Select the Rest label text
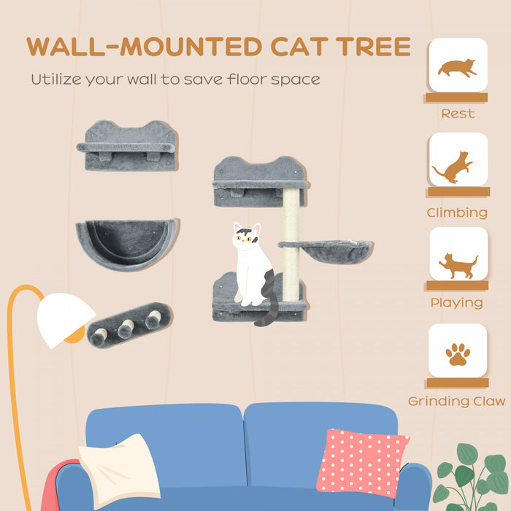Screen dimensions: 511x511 (458, 114)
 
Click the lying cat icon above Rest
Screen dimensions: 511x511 (457, 67)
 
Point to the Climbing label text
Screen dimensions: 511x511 (458, 213)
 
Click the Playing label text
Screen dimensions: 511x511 (456, 303)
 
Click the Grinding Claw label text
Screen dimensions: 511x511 (457, 401)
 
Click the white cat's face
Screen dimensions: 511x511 (246, 238)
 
